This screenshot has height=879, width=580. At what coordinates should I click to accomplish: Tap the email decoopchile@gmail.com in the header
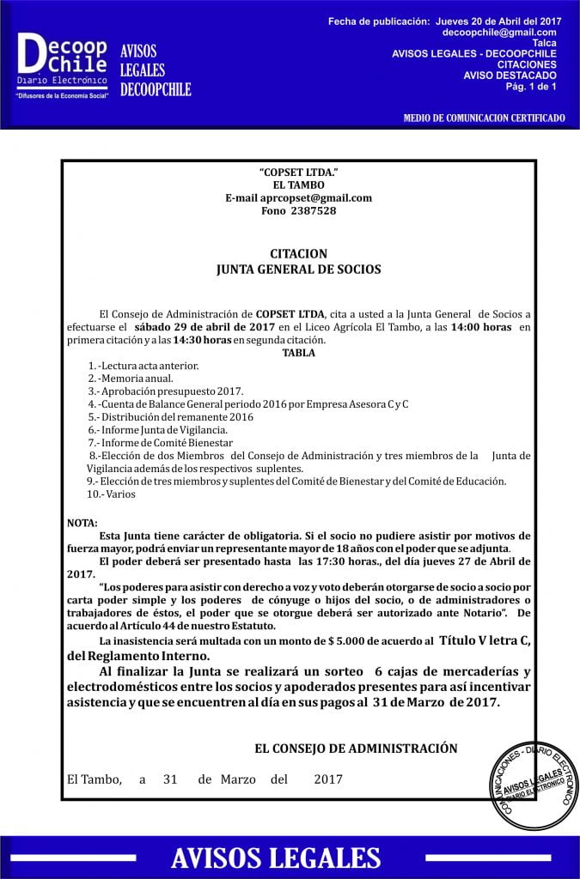pos(499,32)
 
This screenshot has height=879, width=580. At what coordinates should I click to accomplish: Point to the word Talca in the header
pos(544,43)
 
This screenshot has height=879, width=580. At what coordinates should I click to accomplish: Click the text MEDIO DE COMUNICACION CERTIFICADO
pos(485,117)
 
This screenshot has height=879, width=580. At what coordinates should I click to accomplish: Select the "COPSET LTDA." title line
pos(298,173)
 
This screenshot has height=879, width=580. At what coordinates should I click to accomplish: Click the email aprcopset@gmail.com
pos(298,197)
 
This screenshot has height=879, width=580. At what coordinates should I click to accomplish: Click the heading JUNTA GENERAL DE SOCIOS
pos(298,269)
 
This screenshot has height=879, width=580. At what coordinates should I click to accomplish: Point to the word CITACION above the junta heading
pos(298,254)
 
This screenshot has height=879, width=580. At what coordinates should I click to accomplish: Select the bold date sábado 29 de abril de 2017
pos(205,327)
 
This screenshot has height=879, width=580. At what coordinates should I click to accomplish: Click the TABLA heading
pos(298,352)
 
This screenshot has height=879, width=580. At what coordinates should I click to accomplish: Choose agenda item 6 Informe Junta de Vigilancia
pos(158,429)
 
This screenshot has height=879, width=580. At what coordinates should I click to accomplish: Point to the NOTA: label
pos(82,523)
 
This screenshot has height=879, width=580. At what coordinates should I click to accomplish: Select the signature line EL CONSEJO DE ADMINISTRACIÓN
pos(356,749)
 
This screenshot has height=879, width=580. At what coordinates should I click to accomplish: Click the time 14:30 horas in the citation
pos(202,340)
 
